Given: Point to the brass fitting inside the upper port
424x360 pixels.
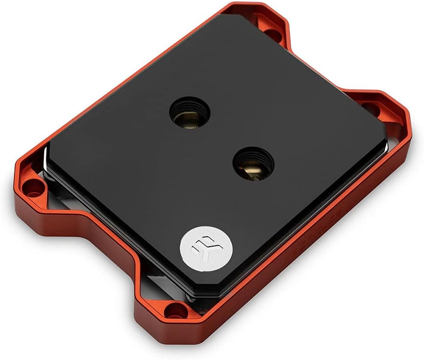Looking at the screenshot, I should coord(187,118).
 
